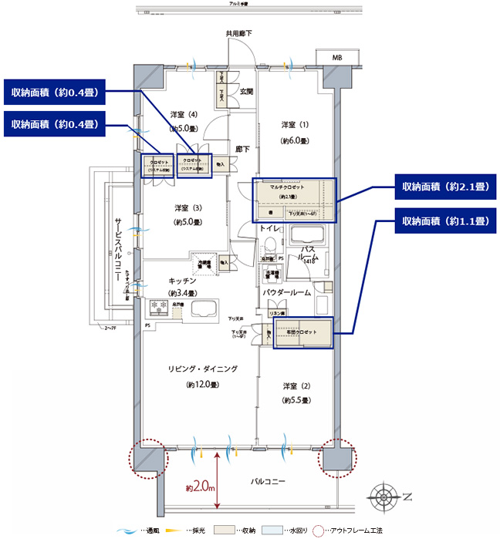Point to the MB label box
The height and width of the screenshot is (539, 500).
coord(337,59)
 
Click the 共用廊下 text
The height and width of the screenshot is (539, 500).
coord(239,34)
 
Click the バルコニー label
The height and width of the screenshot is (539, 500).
coord(269,482)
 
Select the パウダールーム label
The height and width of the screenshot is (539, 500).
coord(286,293)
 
